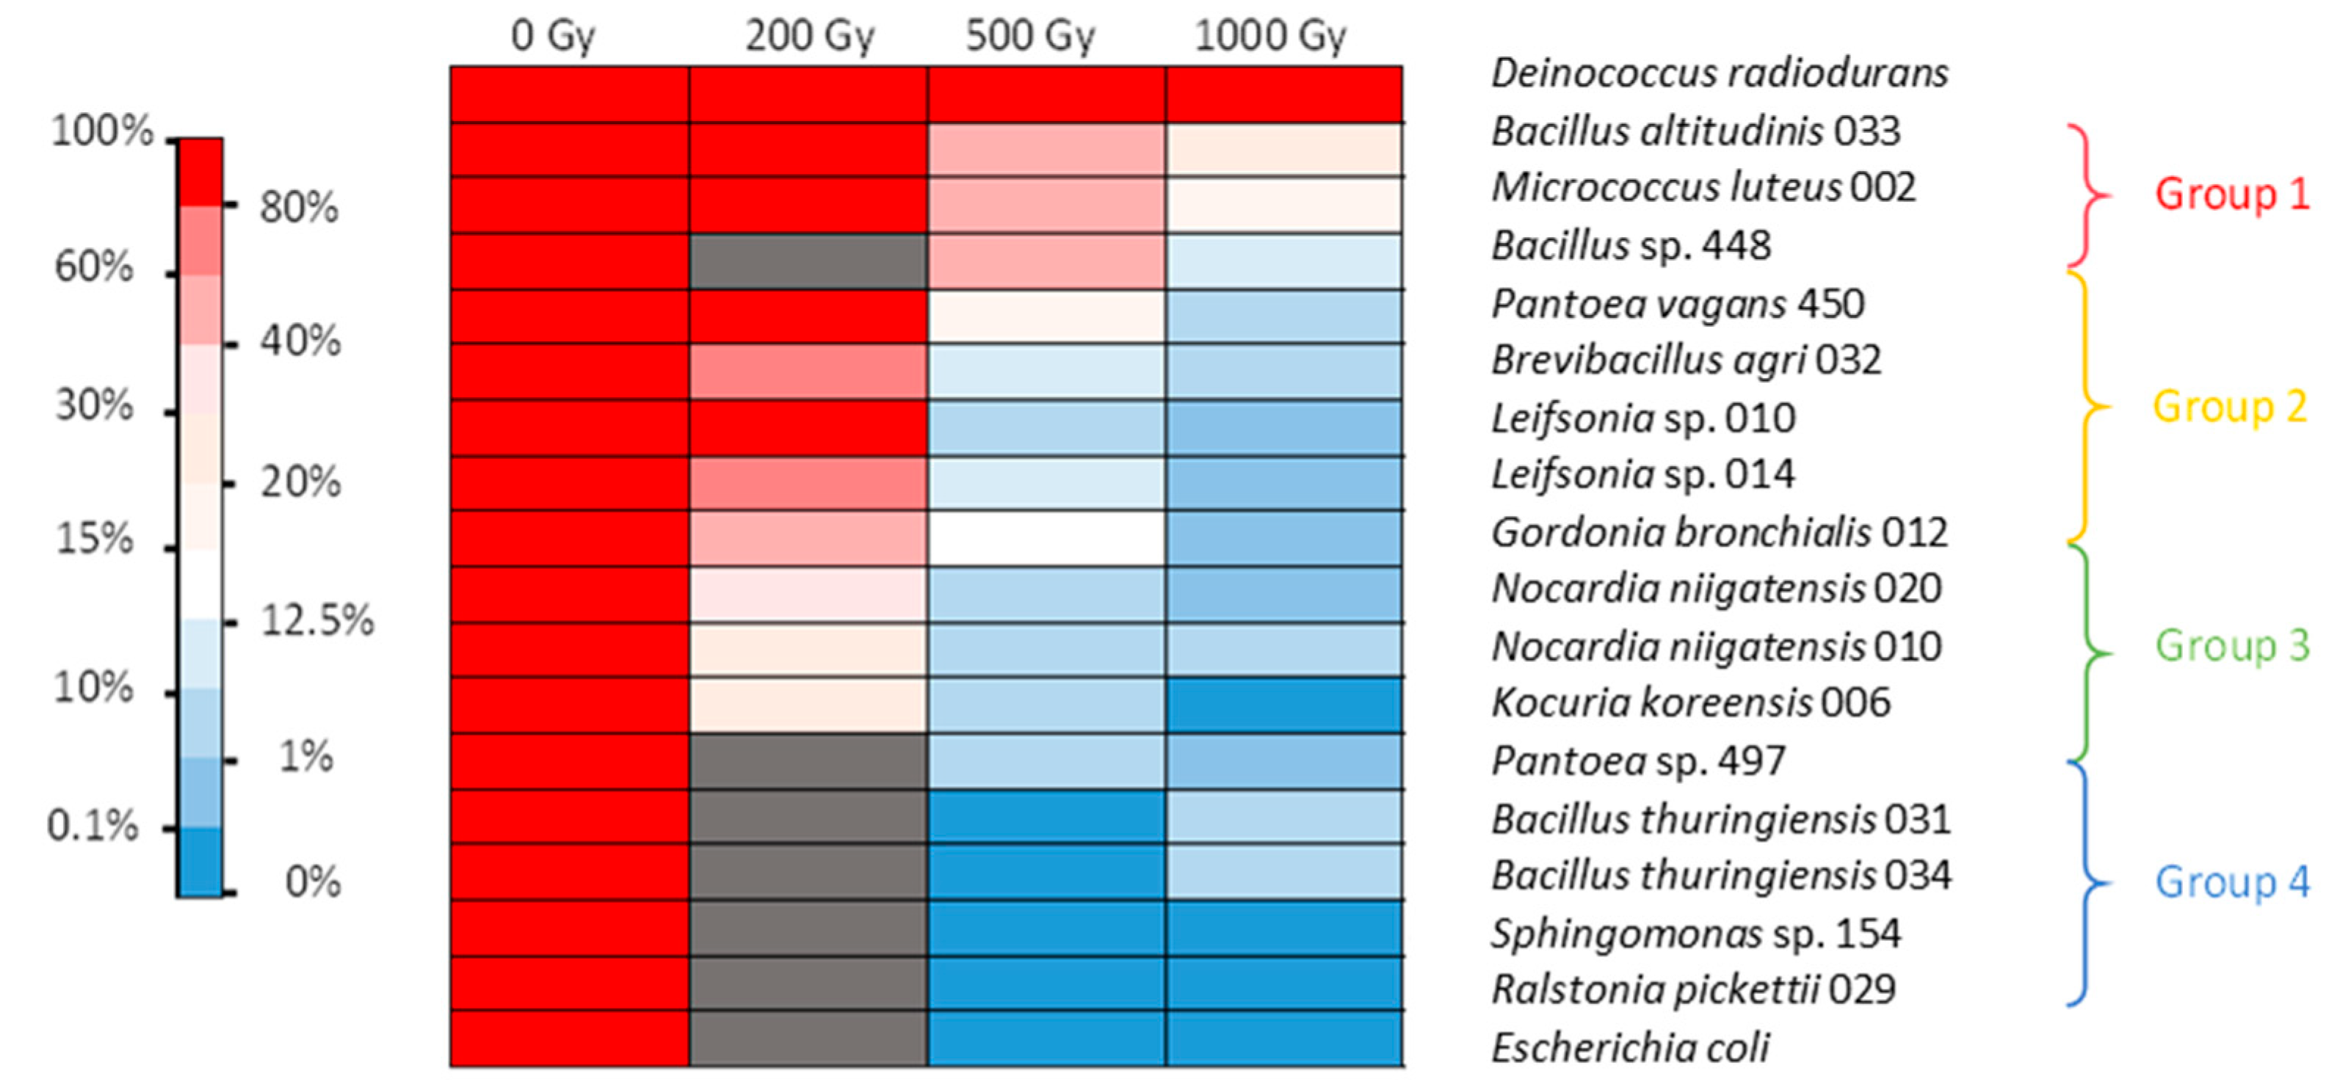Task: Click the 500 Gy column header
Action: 1030,37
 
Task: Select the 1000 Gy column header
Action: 1270,37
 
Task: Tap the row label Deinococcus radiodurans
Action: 1720,73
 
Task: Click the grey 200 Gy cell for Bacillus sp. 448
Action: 808,261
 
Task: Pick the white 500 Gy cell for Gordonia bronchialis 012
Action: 1046,539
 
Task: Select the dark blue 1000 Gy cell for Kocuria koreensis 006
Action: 1284,705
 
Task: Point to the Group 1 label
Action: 2231,195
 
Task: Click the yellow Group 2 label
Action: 2229,407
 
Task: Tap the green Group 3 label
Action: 2231,646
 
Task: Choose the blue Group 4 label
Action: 2231,882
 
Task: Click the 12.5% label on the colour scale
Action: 317,621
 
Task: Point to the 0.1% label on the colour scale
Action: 93,826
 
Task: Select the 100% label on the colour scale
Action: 102,131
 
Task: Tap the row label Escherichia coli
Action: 1630,1048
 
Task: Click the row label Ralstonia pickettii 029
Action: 1693,990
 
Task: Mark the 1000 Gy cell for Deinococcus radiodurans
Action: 1284,95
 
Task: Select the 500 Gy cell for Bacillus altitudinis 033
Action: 1046,150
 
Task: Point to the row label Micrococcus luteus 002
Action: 1703,188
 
